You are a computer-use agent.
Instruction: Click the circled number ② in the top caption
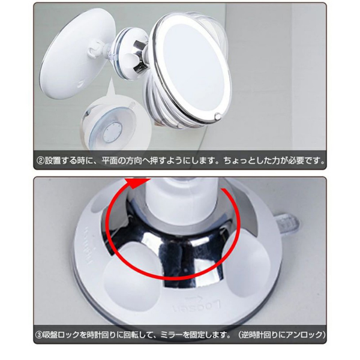coord(40,161)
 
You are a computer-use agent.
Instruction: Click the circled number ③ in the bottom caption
coord(40,334)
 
